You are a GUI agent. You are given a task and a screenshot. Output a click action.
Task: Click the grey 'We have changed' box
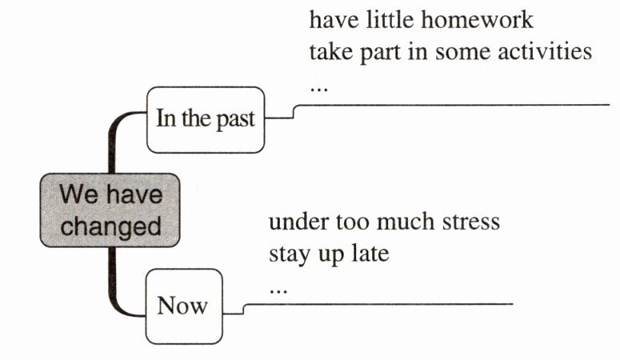[x=111, y=210]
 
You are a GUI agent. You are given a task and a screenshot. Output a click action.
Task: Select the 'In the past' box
[x=205, y=119]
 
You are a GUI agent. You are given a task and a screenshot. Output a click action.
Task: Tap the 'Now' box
[x=183, y=306]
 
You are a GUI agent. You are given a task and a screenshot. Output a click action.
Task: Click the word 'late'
[x=370, y=255]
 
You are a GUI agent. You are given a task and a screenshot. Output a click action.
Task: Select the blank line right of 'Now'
[x=376, y=304]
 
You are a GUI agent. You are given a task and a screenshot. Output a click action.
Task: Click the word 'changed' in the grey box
[x=111, y=225]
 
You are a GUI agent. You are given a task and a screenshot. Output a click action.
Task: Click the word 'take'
[x=331, y=53]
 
